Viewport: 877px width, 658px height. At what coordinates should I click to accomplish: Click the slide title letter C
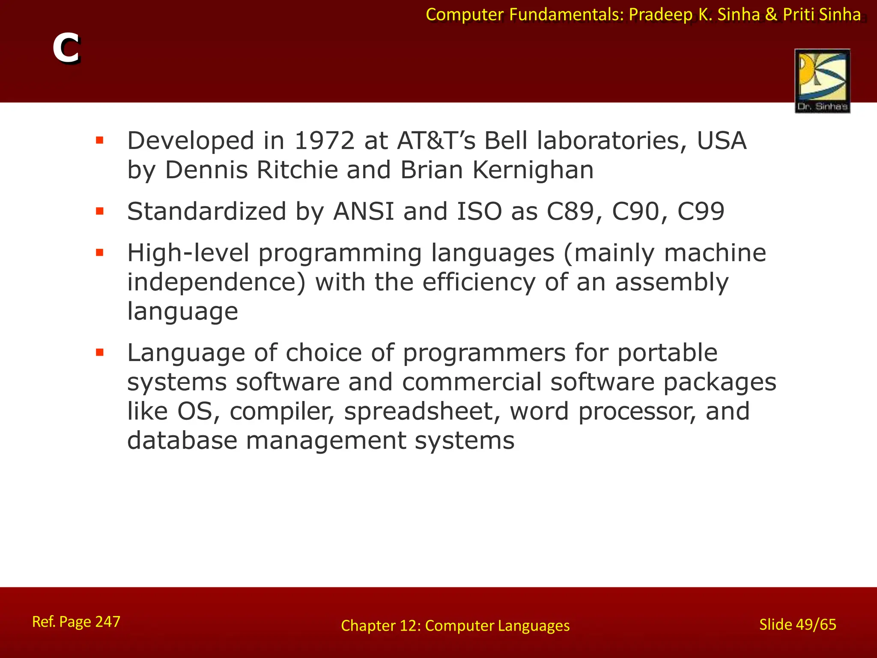[x=66, y=49]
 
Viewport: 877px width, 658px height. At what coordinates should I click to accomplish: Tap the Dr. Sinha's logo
[x=822, y=81]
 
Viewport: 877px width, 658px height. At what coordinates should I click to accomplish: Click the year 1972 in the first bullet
[x=325, y=141]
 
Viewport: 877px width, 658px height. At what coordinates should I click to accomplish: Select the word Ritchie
[x=297, y=170]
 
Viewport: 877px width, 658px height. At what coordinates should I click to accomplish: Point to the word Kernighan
[x=533, y=170]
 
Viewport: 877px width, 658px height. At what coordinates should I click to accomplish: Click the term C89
[x=575, y=212]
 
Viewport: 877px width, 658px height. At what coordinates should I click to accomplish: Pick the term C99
[x=701, y=212]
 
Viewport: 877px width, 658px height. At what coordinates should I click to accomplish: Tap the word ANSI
[x=364, y=212]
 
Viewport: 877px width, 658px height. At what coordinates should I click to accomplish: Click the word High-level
[x=188, y=253]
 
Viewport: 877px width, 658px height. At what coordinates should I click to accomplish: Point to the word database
[x=182, y=441]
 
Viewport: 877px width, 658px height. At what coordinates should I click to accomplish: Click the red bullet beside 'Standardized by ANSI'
[x=100, y=211]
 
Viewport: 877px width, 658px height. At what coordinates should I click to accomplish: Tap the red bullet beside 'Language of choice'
[x=100, y=353]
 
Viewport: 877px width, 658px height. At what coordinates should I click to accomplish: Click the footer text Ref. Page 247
[x=76, y=622]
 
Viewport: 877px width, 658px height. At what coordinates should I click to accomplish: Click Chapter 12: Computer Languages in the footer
[x=455, y=626]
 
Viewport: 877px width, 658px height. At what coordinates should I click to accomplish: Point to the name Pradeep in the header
[x=660, y=15]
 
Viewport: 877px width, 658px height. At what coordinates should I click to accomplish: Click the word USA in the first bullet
[x=722, y=141]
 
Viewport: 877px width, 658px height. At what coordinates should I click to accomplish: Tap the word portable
[x=667, y=353]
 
